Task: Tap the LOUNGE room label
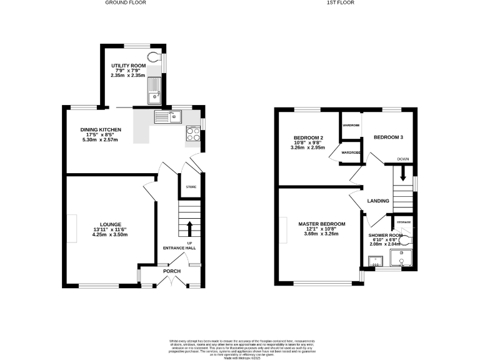[109, 224]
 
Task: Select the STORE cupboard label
[191, 187]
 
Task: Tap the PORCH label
[172, 271]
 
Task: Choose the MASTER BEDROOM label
[321, 224]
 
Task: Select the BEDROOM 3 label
[389, 137]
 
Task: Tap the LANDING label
[378, 201]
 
